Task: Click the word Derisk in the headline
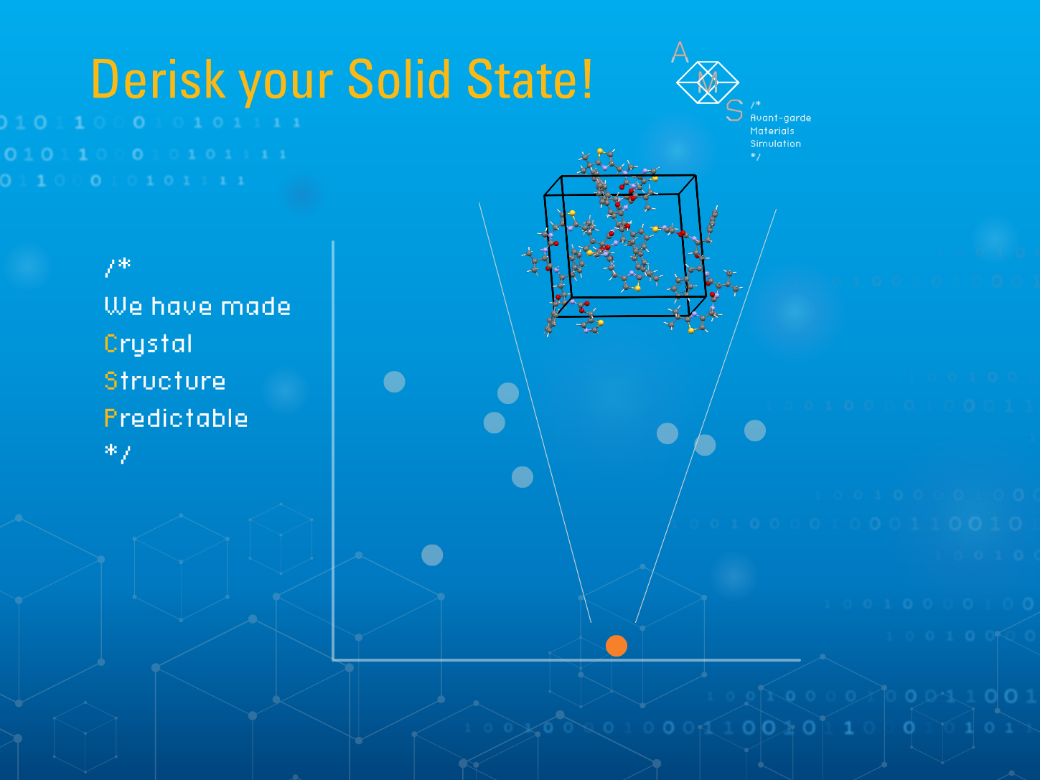click(x=158, y=79)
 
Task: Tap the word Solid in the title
click(x=399, y=79)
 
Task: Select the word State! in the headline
click(x=530, y=79)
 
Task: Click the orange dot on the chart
click(x=617, y=646)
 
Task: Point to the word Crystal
click(x=149, y=344)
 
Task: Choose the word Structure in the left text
click(x=165, y=381)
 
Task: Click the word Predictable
click(x=177, y=418)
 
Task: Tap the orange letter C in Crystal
click(x=111, y=343)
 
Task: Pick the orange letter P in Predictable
click(x=111, y=418)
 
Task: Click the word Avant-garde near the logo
click(x=780, y=118)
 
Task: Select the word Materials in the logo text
click(x=772, y=131)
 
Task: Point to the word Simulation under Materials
click(x=775, y=144)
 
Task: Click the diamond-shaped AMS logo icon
click(x=708, y=83)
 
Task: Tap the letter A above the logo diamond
click(x=680, y=52)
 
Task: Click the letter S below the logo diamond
click(x=734, y=111)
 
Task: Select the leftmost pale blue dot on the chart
click(x=394, y=382)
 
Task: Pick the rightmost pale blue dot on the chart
click(x=755, y=431)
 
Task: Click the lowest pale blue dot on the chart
click(x=432, y=555)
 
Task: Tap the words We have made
click(x=197, y=306)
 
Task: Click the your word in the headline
click(x=286, y=83)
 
